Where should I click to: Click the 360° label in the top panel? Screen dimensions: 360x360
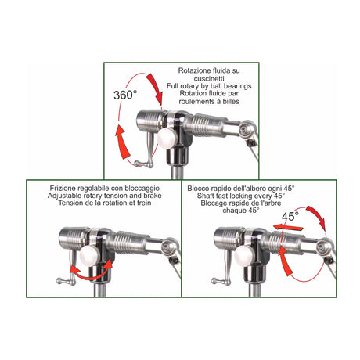(x=125, y=95)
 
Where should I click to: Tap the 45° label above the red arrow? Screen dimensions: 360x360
(x=290, y=216)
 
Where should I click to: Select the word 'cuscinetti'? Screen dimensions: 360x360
(x=209, y=78)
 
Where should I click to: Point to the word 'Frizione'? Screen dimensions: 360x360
(x=63, y=188)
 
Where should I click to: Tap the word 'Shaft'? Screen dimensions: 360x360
(x=206, y=196)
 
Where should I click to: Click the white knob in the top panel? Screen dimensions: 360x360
(x=166, y=139)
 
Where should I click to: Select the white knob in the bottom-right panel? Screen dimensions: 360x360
(x=243, y=257)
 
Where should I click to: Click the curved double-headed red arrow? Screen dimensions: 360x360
(x=92, y=272)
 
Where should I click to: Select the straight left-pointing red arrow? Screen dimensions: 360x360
(x=288, y=227)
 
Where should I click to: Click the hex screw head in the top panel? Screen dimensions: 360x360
(x=245, y=130)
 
